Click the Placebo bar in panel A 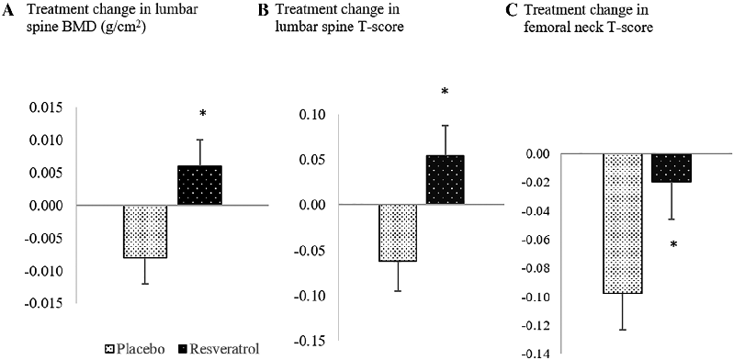145,231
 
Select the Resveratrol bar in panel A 199,186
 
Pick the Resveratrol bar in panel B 445,180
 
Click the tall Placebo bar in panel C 622,223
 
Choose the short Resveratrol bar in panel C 671,168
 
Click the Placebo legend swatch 108,348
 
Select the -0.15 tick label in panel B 312,341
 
